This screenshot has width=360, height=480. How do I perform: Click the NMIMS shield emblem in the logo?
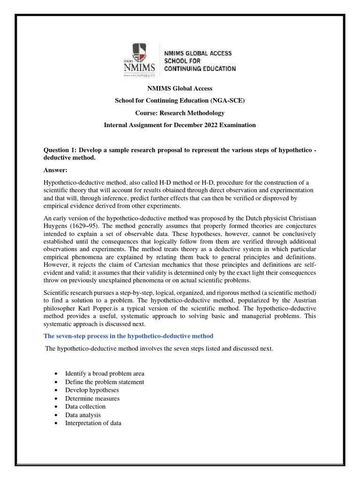pyautogui.click(x=139, y=52)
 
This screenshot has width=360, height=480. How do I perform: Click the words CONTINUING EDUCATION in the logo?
pyautogui.click(x=199, y=69)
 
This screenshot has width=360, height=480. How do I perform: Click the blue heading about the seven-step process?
pyautogui.click(x=128, y=336)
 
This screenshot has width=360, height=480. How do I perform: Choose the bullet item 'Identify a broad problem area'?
pyautogui.click(x=105, y=374)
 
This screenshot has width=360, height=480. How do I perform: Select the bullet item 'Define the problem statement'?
pyautogui.click(x=104, y=382)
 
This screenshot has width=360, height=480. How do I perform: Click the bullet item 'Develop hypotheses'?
pyautogui.click(x=92, y=390)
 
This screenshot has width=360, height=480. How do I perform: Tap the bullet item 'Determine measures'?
pyautogui.click(x=92, y=398)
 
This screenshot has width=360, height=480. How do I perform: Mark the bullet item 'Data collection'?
pyautogui.click(x=85, y=406)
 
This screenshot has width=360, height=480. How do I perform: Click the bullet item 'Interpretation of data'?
pyautogui.click(x=93, y=423)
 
